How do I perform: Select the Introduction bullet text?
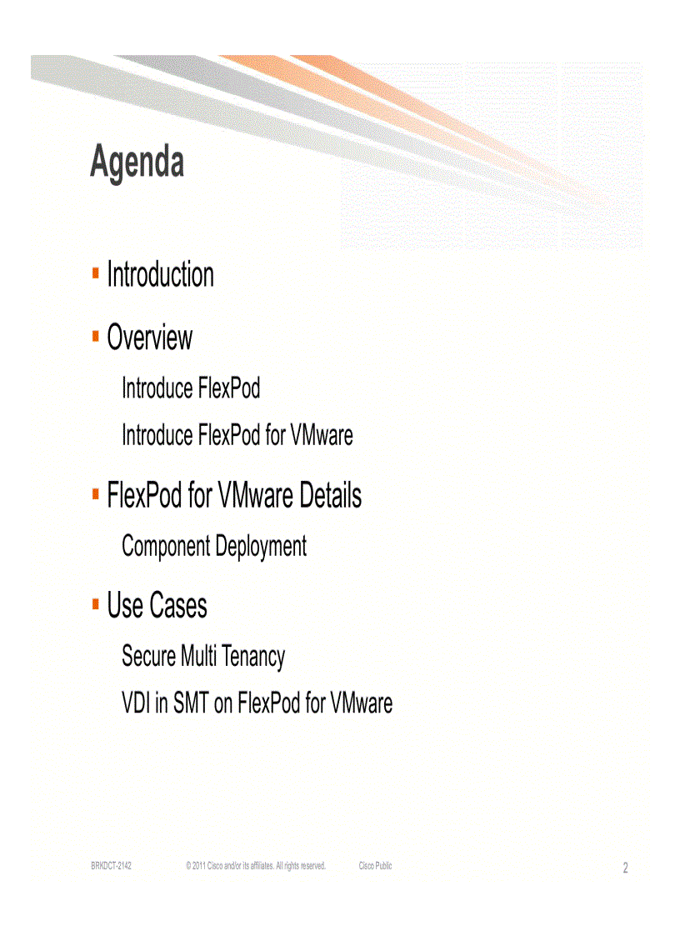(160, 275)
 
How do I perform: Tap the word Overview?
(149, 338)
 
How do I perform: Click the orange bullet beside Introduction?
(96, 272)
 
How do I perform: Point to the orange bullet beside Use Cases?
(96, 603)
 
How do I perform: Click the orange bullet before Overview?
(96, 335)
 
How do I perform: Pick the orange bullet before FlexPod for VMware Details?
(96, 493)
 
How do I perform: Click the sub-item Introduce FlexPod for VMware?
(237, 435)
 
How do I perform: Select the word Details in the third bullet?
(330, 497)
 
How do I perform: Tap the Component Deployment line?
(213, 547)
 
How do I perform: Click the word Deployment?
(261, 548)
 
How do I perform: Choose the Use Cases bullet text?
(157, 606)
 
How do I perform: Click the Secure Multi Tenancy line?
(202, 657)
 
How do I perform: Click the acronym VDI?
(137, 703)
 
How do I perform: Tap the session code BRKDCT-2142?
(111, 867)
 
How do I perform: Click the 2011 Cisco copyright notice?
(255, 867)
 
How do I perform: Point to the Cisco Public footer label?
(375, 867)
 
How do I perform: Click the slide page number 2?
(625, 868)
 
